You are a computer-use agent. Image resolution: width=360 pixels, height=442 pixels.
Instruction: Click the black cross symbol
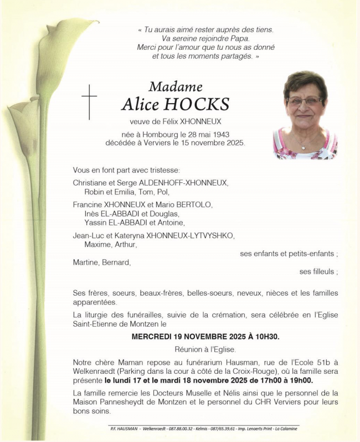[x=89, y=101]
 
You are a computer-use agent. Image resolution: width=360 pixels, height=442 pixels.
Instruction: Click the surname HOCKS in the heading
[x=194, y=105]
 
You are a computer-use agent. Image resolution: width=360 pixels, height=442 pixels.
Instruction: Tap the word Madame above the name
[x=175, y=87]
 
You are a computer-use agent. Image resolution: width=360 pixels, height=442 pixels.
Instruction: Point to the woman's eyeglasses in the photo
[x=305, y=101]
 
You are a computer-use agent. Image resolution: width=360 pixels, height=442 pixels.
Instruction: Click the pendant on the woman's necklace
[x=303, y=147]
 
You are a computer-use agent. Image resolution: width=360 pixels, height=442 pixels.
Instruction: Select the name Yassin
[x=95, y=223]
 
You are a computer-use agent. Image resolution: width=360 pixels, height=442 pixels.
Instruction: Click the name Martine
[x=85, y=263]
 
